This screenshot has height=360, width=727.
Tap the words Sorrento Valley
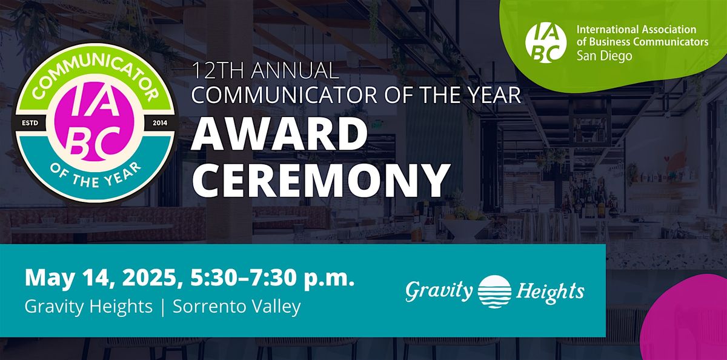(x=237, y=306)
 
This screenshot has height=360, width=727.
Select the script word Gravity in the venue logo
(x=439, y=292)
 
